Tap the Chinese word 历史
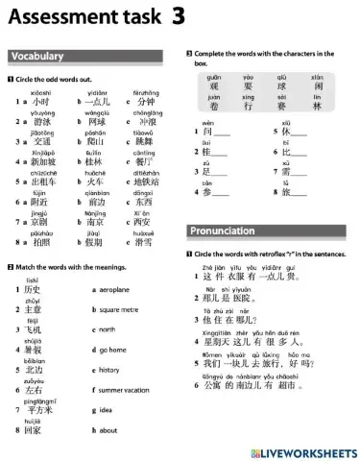tap(33, 290)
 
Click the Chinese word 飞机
tap(33, 330)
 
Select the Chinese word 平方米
tap(38, 411)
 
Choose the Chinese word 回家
tap(33, 431)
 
